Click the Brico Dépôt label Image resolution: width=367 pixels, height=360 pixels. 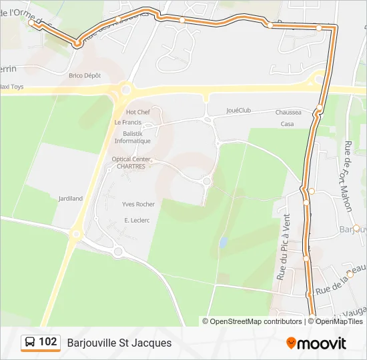pyautogui.click(x=84, y=75)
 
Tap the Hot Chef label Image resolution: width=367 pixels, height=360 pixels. pyautogui.click(x=138, y=112)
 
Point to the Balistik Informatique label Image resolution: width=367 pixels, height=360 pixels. pyautogui.click(x=132, y=137)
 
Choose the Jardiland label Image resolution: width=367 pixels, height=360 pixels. pyautogui.click(x=71, y=199)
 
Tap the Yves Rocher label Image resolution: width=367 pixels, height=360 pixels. pyautogui.click(x=138, y=204)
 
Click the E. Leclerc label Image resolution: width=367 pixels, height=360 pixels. pyautogui.click(x=135, y=219)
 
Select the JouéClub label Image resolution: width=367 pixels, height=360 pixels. pyautogui.click(x=238, y=110)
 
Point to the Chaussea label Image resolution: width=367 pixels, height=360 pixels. pyautogui.click(x=288, y=113)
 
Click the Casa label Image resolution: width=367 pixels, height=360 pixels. pyautogui.click(x=287, y=124)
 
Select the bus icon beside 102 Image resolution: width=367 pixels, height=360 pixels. pyautogui.click(x=30, y=343)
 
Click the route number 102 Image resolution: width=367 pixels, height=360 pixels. pyautogui.click(x=48, y=343)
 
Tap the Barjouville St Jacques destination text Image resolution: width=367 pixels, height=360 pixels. pyautogui.click(x=119, y=343)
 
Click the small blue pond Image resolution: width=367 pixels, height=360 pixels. pyautogui.click(x=223, y=242)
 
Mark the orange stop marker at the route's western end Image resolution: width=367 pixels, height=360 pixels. pyautogui.click(x=31, y=23)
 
